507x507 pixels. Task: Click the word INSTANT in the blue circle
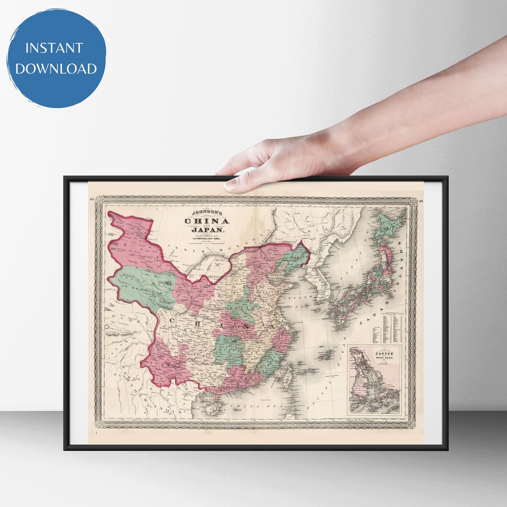click(54, 48)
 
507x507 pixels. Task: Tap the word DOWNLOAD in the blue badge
click(56, 68)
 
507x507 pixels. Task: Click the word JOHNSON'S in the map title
click(207, 212)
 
